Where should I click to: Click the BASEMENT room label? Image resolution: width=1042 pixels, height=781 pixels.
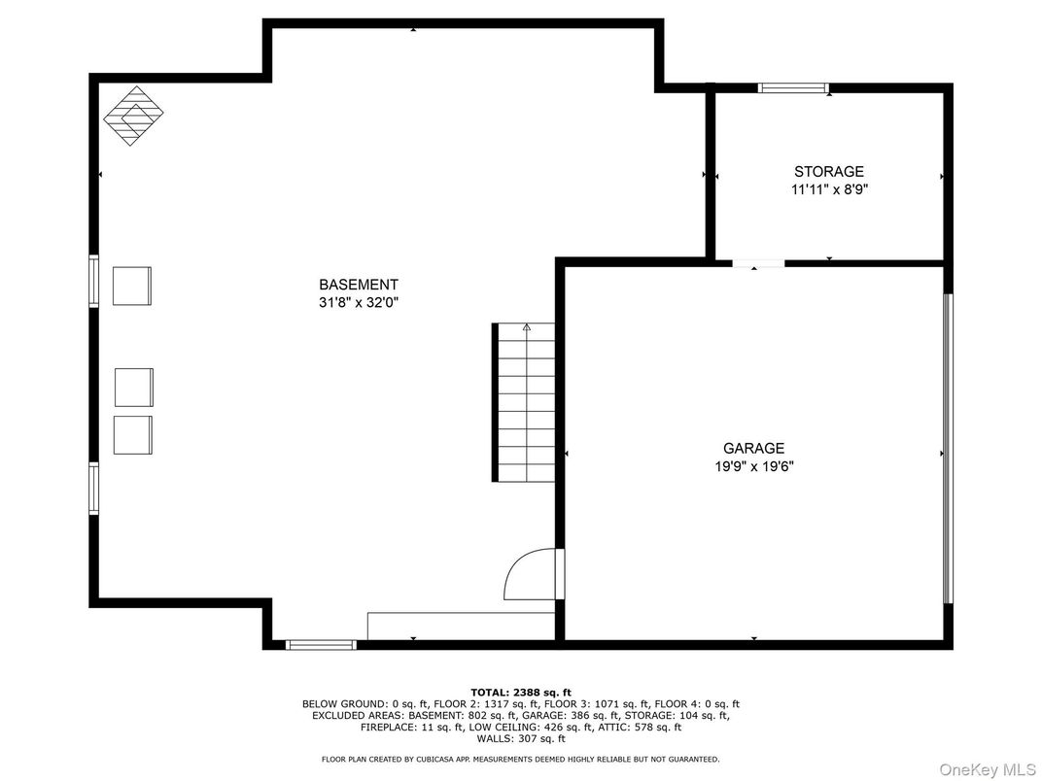tap(359, 285)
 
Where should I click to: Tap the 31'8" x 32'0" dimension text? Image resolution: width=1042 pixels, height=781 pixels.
tap(359, 302)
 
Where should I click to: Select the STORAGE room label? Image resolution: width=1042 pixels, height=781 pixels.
tap(828, 172)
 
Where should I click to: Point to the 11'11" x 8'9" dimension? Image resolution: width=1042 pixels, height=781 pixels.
tap(828, 190)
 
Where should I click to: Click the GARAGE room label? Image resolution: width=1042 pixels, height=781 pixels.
tap(752, 448)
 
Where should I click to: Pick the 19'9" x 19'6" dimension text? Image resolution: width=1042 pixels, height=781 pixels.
tap(752, 466)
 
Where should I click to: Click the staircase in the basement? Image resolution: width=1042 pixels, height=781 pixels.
tap(525, 403)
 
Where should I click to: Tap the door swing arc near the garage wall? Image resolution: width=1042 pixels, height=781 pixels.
tap(528, 575)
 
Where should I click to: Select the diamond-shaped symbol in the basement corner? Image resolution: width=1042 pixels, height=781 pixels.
tap(133, 116)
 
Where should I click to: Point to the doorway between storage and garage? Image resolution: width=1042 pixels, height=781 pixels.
tap(758, 262)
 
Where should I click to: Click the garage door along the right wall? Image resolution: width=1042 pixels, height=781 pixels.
tap(948, 448)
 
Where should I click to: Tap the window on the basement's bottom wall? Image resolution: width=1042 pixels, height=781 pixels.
tap(321, 644)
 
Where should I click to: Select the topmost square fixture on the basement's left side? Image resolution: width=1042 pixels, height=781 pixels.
tap(132, 286)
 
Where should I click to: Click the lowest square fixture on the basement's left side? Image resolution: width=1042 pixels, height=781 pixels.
tap(133, 434)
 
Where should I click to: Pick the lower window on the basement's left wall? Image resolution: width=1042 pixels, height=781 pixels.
tap(94, 488)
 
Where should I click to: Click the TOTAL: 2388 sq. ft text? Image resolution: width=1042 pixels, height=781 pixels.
tap(521, 692)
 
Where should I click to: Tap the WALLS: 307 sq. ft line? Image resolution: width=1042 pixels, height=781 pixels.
tap(521, 738)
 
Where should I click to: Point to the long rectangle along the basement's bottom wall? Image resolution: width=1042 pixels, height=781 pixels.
tap(461, 626)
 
